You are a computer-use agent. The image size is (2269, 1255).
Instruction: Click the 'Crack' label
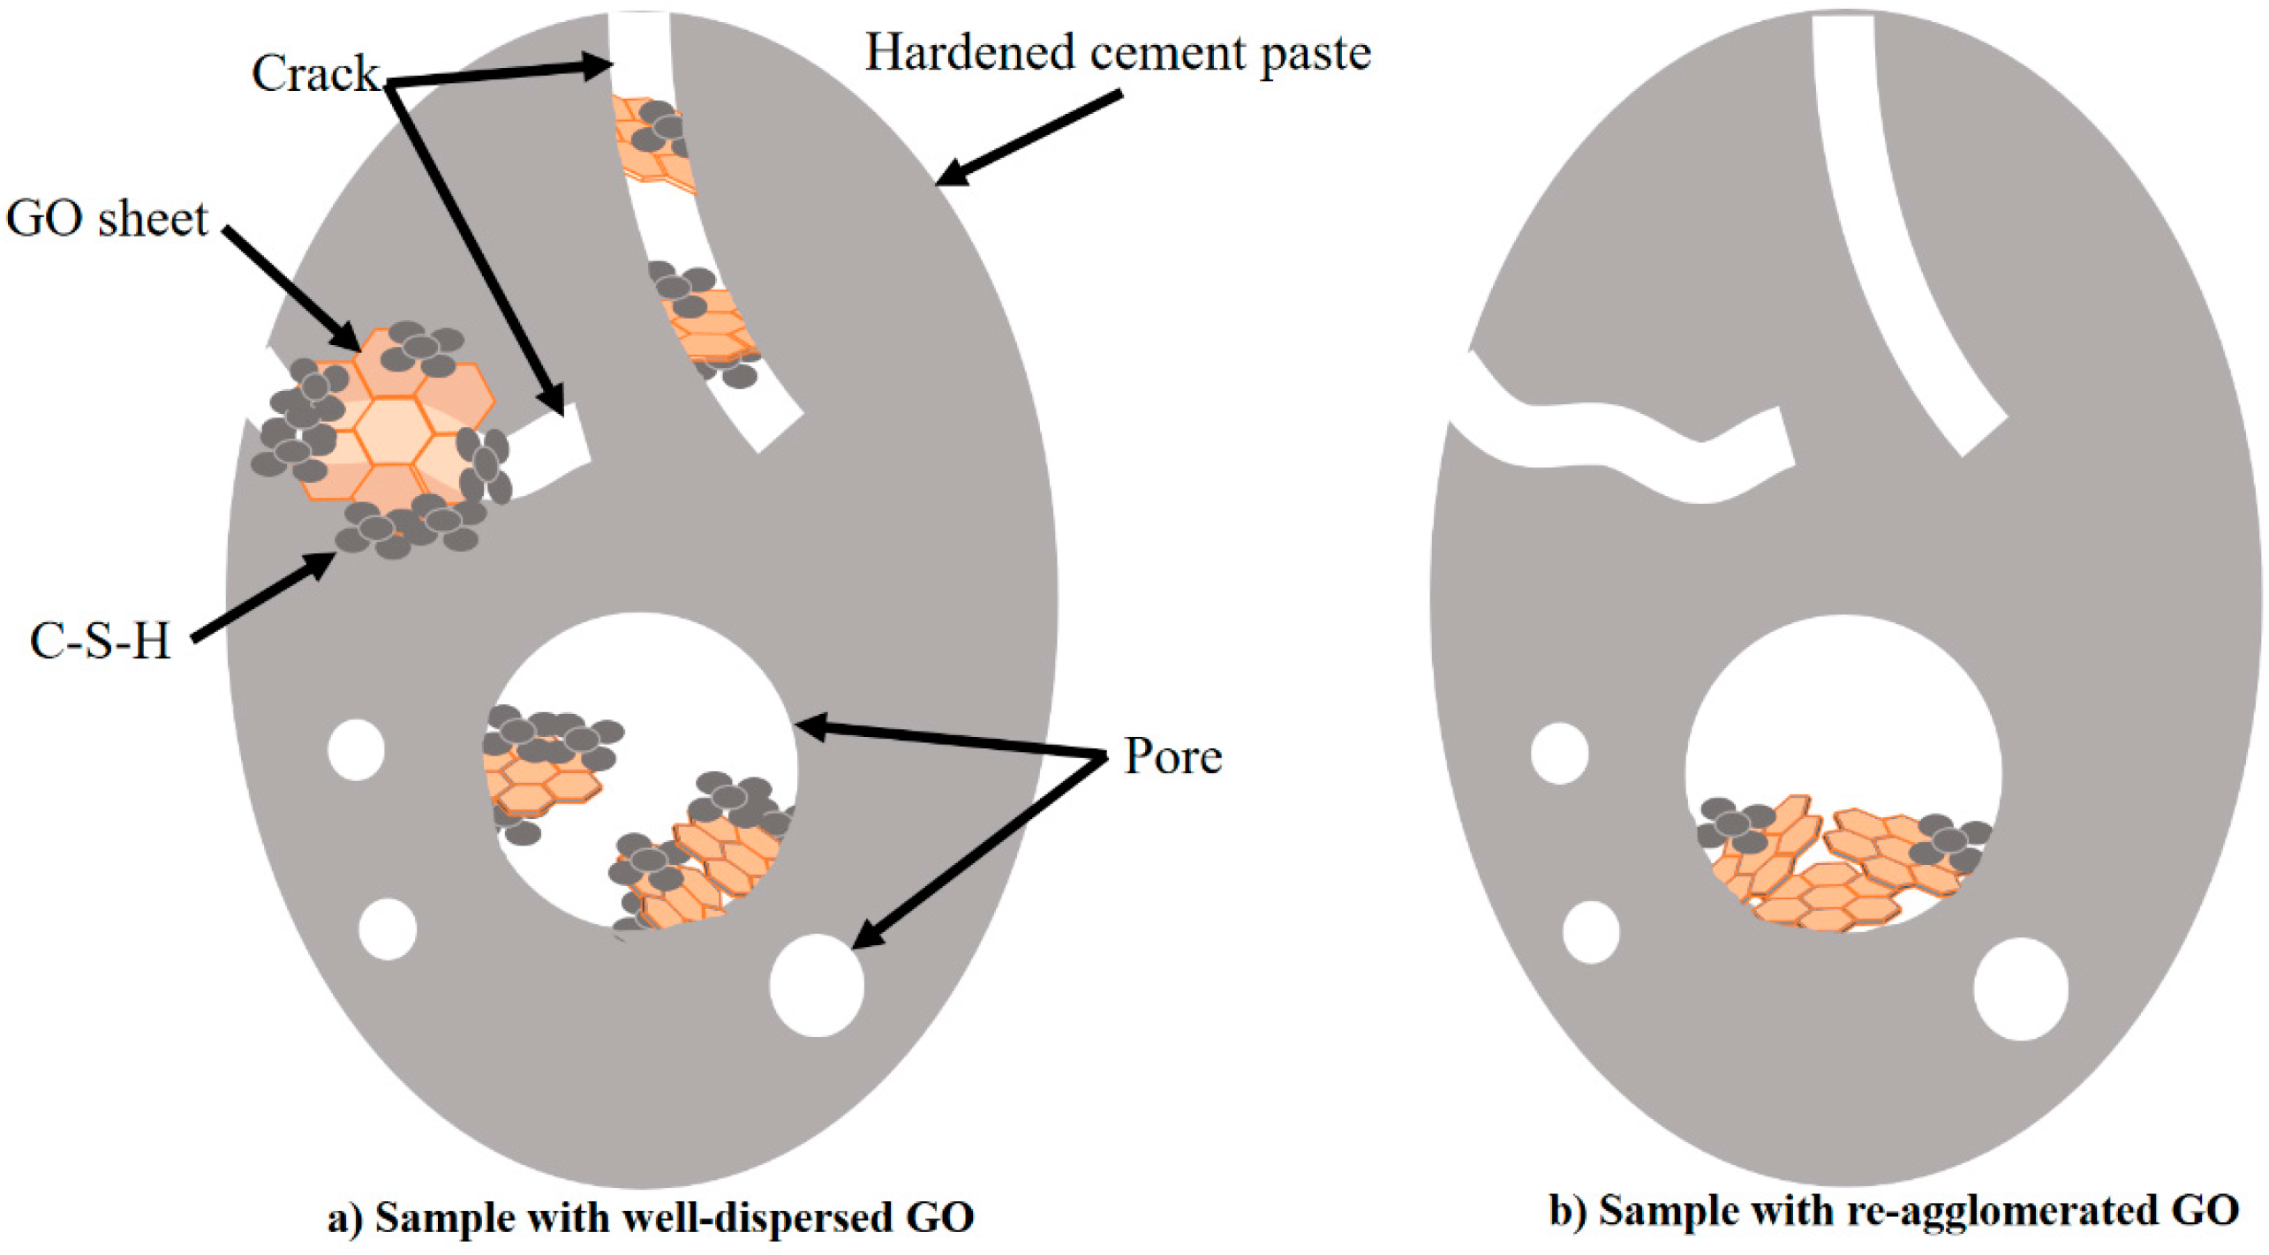point(314,73)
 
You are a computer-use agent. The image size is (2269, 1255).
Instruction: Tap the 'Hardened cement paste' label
point(1117,53)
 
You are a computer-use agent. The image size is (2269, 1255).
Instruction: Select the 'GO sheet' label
point(106,218)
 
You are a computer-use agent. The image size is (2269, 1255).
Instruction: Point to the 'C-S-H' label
point(99,641)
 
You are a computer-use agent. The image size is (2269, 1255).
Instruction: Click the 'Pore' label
point(1172,756)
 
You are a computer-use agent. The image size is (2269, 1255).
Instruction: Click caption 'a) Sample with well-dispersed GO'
point(651,1217)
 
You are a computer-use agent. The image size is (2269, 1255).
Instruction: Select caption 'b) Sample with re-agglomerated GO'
point(1893,1210)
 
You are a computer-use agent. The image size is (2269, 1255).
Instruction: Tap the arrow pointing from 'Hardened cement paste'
point(1029,139)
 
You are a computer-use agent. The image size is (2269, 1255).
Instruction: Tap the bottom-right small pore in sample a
point(817,985)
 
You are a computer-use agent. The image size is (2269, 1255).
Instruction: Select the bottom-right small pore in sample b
point(2020,988)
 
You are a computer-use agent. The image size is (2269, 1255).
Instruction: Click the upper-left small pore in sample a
point(356,749)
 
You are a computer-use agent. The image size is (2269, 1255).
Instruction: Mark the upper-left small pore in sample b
point(1559,753)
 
